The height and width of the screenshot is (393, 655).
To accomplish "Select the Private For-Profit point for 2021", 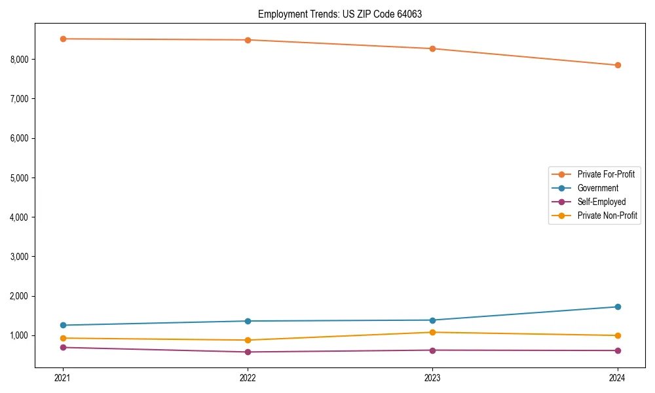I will [63, 39].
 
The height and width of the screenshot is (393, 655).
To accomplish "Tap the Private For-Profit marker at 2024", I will [618, 65].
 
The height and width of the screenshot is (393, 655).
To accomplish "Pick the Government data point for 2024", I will [618, 307].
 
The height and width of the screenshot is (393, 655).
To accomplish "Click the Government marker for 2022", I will [248, 321].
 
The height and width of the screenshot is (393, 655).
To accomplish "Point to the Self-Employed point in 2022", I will [248, 352].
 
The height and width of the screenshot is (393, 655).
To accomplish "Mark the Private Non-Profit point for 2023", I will [432, 332].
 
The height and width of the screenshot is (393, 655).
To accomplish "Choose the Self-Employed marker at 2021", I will [63, 347].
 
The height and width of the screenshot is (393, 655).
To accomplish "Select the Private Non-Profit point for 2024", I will [618, 335].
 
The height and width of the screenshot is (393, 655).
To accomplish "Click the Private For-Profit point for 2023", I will [432, 48].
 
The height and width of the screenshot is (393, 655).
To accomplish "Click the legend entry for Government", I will [597, 188].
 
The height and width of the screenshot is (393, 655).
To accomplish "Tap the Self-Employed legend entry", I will [601, 202].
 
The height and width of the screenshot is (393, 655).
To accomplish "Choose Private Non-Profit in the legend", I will [607, 215].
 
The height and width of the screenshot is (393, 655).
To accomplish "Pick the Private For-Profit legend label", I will [606, 174].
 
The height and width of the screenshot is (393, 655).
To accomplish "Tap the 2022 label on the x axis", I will [248, 377].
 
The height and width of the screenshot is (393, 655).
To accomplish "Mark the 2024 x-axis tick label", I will [618, 377].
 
